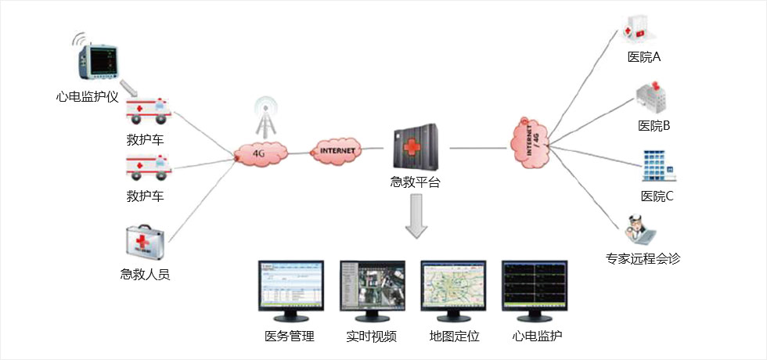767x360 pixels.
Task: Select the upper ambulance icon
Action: coord(148,110)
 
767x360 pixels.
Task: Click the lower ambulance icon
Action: coord(148,167)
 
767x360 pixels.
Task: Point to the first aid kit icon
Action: coord(146,243)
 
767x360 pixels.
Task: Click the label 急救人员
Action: coord(145,275)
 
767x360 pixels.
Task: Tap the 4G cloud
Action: coord(259,153)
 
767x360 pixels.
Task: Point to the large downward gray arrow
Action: coord(417,218)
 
